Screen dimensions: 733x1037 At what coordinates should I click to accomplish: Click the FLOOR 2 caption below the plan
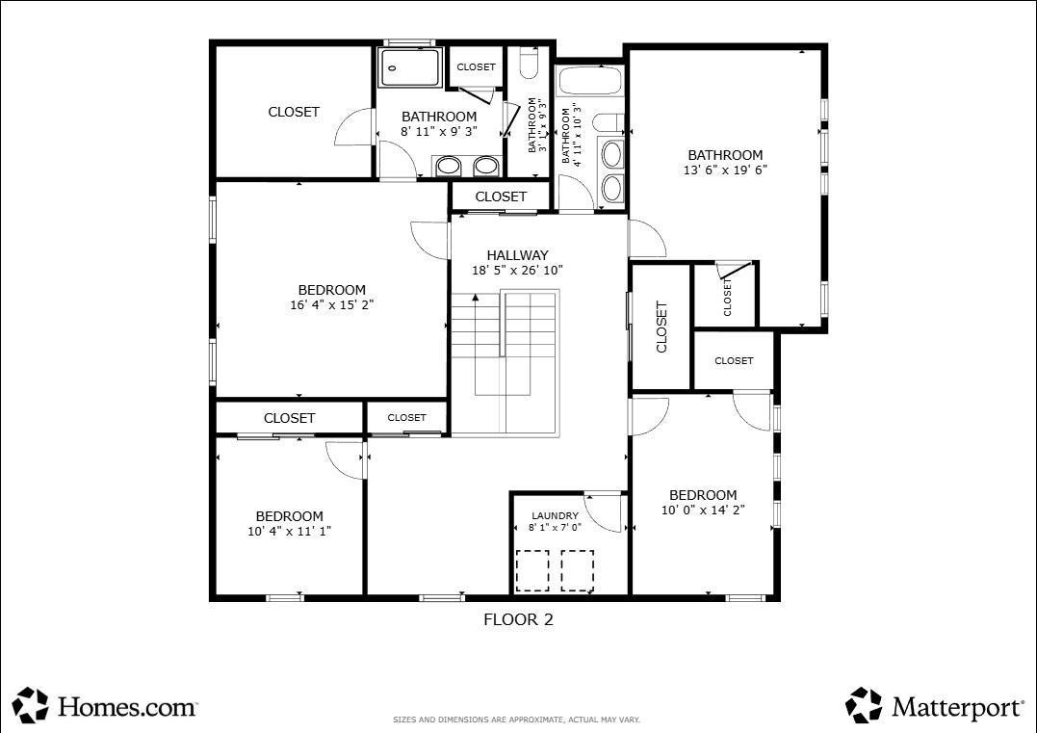tap(518, 620)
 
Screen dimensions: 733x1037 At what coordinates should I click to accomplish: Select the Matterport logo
tap(935, 706)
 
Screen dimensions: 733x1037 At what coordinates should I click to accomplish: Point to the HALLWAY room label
tap(517, 255)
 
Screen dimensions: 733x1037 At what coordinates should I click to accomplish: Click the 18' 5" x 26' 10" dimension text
tap(517, 271)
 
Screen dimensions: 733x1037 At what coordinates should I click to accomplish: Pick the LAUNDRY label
tap(555, 515)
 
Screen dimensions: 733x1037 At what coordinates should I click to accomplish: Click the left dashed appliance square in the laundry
tap(532, 569)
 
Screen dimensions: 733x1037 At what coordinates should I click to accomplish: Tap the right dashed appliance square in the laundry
tap(578, 569)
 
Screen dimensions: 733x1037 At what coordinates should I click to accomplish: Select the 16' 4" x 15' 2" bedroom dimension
tap(331, 304)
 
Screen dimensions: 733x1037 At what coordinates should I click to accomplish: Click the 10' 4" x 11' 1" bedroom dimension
tap(289, 531)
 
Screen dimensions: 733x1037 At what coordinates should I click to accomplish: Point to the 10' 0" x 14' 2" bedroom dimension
tap(703, 510)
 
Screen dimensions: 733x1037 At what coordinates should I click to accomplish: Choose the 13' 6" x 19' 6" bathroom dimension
tap(725, 170)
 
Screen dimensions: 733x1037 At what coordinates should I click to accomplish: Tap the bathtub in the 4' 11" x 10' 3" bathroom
tap(591, 81)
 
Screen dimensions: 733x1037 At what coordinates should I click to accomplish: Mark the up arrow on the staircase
tap(475, 300)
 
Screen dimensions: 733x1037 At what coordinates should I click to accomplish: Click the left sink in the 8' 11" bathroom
tap(449, 167)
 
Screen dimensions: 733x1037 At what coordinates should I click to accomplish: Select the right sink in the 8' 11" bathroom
tap(486, 167)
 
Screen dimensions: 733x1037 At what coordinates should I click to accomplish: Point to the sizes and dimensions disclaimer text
tap(516, 720)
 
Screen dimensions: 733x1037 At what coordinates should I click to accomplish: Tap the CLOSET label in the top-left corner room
tap(294, 112)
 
